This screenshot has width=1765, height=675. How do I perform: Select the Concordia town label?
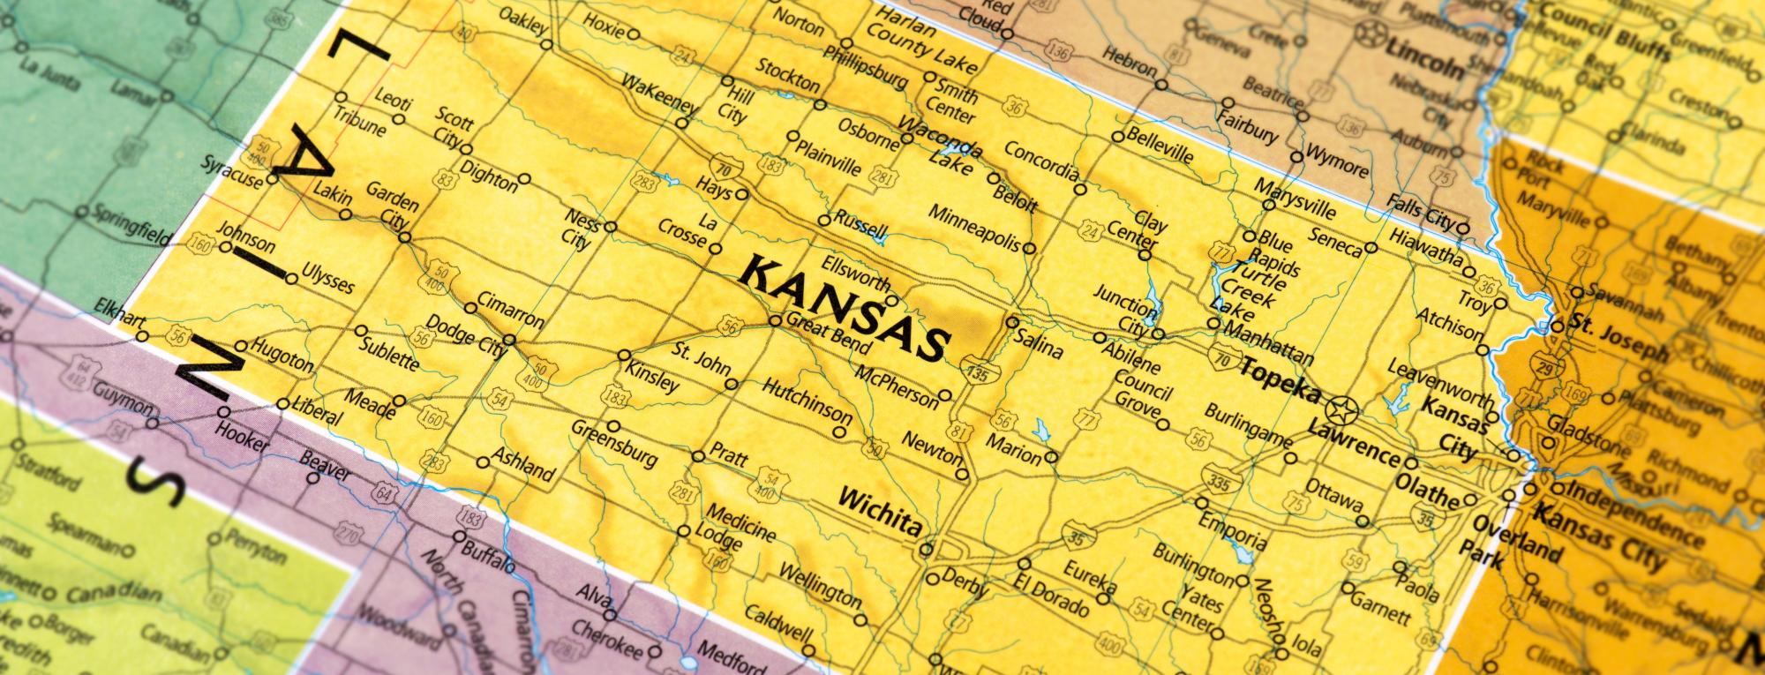[x=1040, y=160]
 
